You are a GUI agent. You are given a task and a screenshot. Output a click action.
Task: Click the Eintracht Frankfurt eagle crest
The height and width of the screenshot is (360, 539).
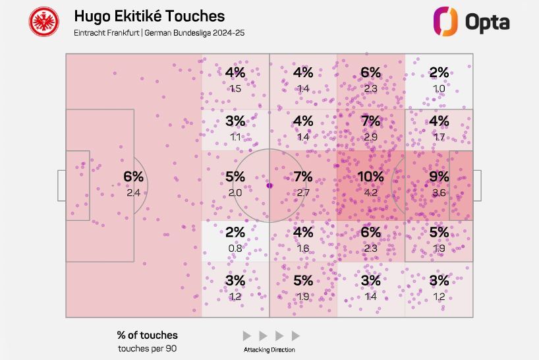point(44,21)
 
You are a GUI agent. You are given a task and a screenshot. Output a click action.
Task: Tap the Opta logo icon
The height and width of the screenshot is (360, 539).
point(445,21)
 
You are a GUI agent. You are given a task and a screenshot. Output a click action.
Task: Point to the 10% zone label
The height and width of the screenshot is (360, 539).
point(370,177)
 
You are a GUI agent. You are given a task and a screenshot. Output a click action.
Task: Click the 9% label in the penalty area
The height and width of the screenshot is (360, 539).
point(439,177)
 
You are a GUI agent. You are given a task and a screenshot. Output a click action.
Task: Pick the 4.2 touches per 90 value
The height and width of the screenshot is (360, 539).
point(370,193)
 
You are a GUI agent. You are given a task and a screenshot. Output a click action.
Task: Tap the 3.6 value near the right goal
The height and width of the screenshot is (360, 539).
point(439,193)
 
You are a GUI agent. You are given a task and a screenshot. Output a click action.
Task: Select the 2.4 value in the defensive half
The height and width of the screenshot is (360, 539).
point(133,193)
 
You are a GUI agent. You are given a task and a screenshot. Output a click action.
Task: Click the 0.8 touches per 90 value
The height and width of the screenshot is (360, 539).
point(235,249)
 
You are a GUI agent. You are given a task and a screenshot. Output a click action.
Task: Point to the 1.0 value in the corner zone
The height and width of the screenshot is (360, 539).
point(439,88)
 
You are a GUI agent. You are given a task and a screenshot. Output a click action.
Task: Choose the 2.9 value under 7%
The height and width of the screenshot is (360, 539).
point(370,137)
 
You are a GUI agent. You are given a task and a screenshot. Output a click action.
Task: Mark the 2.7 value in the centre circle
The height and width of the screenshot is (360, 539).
point(303,193)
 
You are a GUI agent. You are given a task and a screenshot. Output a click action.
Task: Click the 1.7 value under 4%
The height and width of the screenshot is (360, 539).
point(439,137)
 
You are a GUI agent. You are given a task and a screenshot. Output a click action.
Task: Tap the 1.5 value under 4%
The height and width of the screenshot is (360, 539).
point(235,88)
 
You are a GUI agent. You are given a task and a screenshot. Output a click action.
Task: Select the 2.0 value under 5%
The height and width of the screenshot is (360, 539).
point(235,193)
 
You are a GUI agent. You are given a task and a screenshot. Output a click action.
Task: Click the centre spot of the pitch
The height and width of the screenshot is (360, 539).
point(269,185)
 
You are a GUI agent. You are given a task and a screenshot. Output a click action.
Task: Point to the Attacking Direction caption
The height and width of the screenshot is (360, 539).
point(269,349)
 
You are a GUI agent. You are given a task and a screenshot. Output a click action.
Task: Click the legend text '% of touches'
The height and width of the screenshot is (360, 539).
point(148,335)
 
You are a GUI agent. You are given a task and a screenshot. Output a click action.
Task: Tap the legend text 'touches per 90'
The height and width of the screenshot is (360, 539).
point(148,347)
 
